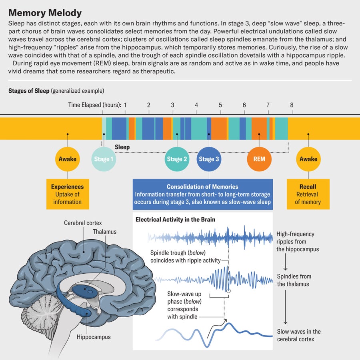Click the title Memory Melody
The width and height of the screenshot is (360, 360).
[x=45, y=13]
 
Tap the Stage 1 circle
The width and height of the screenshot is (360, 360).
[x=104, y=159]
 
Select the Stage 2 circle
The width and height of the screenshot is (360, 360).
[x=177, y=159]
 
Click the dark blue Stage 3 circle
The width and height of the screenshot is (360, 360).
[x=209, y=159]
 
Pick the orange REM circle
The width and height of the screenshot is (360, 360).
[x=259, y=159]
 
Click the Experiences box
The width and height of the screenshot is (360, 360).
[x=67, y=194]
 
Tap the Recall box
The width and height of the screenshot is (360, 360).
[x=308, y=194]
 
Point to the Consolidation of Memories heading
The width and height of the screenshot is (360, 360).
[x=202, y=187]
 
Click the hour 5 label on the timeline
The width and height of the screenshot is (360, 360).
[x=220, y=105]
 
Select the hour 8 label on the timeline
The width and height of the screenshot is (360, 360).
[x=292, y=105]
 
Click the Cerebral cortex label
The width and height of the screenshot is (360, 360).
[x=83, y=223]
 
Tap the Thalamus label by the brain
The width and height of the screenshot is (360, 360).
[x=105, y=232]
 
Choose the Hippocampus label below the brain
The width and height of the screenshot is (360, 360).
[x=94, y=337]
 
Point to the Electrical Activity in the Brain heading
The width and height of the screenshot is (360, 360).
[x=175, y=219]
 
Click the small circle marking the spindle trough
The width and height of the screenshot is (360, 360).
[x=228, y=291]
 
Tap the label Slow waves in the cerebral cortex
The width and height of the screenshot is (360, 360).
[x=299, y=335]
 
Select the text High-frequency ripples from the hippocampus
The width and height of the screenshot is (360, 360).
[x=297, y=242]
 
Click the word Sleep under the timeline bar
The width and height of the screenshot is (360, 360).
[x=122, y=147]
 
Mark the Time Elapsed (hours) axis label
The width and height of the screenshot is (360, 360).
[x=94, y=105]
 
